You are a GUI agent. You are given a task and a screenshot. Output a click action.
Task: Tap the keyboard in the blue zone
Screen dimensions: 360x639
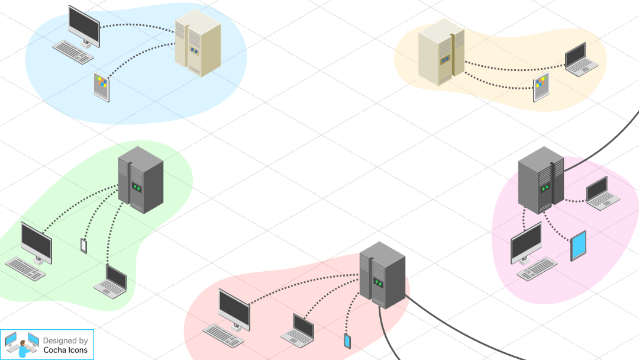[x=73, y=52]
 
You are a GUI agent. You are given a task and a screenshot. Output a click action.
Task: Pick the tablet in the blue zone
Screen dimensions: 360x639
[x=102, y=86]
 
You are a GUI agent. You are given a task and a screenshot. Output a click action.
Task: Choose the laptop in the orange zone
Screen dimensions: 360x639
[x=577, y=59]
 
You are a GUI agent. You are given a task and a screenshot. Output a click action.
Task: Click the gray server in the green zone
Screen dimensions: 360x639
[x=140, y=179]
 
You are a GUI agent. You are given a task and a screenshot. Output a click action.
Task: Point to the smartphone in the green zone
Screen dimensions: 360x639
[x=83, y=245]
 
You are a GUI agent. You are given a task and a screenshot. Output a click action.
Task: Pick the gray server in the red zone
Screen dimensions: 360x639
[x=382, y=275]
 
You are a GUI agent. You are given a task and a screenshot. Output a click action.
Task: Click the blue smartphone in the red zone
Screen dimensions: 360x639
[x=347, y=341]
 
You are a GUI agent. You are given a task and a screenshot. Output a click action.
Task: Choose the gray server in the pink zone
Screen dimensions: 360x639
[x=540, y=179]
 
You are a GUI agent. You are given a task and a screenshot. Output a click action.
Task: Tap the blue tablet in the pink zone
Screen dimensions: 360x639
[x=578, y=246]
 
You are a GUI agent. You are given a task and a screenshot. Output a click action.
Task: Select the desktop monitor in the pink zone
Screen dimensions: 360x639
[x=526, y=243]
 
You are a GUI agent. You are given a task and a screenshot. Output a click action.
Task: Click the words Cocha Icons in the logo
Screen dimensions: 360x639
[x=65, y=350]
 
